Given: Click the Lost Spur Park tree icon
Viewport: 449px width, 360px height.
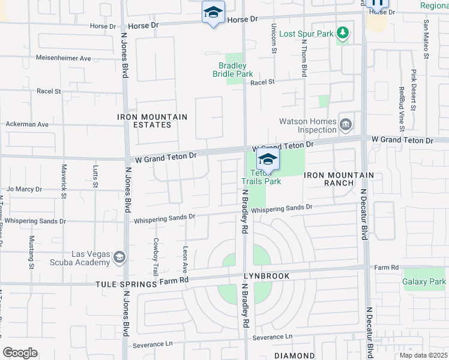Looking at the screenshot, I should point(342,32).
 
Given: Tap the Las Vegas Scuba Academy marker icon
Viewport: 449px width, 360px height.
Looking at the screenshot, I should point(119,258).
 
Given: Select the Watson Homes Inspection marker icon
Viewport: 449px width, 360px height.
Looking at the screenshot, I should point(346,125).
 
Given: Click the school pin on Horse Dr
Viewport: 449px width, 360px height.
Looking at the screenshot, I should point(213,13).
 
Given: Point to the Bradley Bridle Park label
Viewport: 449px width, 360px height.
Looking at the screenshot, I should point(233,70).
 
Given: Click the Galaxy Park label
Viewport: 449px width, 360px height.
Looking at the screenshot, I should point(424,281).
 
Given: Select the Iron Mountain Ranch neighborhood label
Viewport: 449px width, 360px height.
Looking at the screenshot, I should point(339,179).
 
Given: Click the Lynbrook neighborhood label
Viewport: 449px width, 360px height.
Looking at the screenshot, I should point(267,276).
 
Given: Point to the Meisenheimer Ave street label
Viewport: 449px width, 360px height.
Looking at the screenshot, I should point(64,58).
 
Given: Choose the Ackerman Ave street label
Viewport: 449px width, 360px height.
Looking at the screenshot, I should point(27,124).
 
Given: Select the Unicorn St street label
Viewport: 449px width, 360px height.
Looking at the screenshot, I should point(273,38).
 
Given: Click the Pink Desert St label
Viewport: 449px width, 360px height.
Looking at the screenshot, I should point(414,91).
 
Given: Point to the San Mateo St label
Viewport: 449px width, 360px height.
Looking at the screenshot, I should point(426,38).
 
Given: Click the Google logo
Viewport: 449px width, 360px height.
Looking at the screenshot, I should point(20,353).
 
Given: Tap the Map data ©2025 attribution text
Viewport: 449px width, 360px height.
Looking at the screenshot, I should point(423,355).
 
